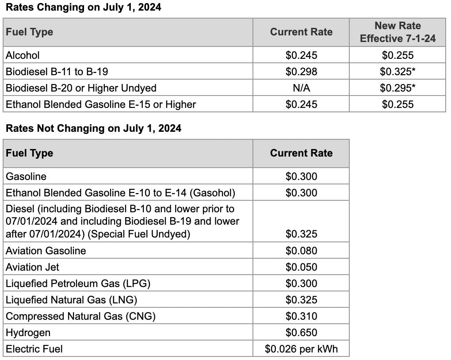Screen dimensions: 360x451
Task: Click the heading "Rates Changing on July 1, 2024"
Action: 83,8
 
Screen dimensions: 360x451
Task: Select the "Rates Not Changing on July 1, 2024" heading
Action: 93,128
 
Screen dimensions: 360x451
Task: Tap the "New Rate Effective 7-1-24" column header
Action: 397,32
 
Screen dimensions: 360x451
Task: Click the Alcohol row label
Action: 23,55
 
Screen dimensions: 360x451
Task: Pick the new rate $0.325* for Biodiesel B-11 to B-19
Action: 397,72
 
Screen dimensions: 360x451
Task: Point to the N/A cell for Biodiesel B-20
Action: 301,88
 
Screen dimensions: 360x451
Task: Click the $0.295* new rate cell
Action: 397,88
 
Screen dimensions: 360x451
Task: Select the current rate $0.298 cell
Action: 301,72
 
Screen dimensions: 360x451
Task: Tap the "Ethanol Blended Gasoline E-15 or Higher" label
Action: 101,104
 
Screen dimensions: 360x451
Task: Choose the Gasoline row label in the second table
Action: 26,176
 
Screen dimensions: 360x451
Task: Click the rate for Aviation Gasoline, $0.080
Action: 301,251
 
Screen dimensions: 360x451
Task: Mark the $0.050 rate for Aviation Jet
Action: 301,267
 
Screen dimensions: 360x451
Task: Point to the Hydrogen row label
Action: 28,333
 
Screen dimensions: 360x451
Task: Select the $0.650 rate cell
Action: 301,333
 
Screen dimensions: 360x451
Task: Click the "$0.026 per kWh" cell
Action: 301,349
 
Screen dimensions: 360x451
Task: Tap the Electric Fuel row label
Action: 34,349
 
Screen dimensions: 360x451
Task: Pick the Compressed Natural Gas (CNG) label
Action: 81,316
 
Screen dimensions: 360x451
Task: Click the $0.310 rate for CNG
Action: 301,316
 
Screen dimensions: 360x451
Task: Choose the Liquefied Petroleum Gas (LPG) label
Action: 78,283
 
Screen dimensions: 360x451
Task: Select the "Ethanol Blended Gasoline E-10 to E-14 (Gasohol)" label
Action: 120,193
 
